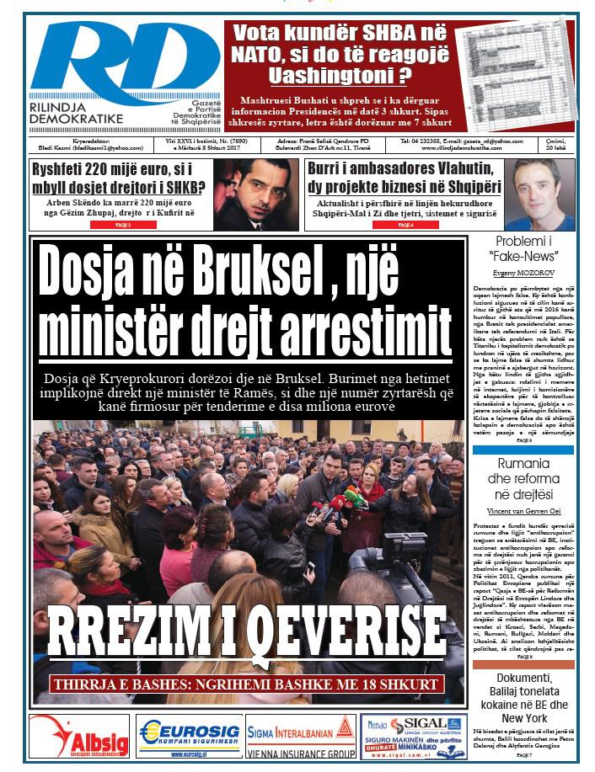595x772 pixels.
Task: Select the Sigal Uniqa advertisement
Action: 413,737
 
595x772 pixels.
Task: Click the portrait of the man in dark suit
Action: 255,194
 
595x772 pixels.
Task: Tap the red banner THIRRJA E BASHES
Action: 249,684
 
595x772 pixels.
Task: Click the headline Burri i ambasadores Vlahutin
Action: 402,175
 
